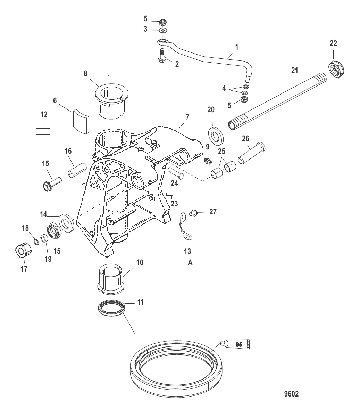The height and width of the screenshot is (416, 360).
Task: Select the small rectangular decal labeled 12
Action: [x=43, y=131]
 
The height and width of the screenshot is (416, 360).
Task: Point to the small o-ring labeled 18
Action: [x=35, y=241]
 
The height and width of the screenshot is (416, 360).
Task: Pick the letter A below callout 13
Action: [x=190, y=263]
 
